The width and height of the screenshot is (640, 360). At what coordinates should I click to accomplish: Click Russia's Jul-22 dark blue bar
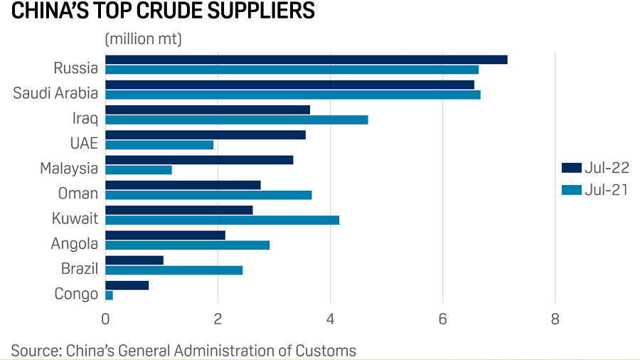click(x=306, y=59)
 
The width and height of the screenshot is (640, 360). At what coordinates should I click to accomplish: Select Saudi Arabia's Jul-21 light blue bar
click(x=292, y=95)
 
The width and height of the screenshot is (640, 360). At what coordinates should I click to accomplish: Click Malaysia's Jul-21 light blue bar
click(x=138, y=170)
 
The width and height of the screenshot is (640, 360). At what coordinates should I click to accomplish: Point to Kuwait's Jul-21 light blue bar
click(x=222, y=220)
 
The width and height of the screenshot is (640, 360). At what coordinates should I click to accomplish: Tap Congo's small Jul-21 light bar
click(x=109, y=295)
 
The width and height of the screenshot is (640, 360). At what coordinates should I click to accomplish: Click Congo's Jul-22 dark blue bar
click(x=127, y=285)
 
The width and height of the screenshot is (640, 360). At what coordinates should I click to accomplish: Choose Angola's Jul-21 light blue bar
click(x=187, y=245)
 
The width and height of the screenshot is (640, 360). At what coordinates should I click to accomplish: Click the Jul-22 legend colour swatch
click(x=571, y=168)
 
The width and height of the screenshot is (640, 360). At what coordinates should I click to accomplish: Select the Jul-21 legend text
click(x=606, y=189)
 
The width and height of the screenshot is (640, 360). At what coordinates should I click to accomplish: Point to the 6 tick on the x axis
click(x=443, y=319)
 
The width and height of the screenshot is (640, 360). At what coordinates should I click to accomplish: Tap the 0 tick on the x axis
click(x=105, y=319)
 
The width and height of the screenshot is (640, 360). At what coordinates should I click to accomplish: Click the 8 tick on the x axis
click(x=555, y=319)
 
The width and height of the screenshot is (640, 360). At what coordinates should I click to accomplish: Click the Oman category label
click(x=78, y=194)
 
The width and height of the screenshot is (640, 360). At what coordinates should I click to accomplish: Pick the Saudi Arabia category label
click(x=55, y=93)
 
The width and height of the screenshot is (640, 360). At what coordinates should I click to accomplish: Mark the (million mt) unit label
click(x=144, y=39)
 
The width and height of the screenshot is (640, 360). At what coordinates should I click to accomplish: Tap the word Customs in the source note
click(x=326, y=350)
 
